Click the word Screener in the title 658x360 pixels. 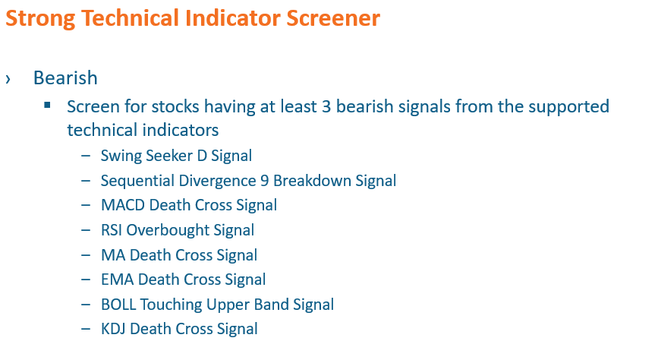point(332,18)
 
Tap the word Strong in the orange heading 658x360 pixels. point(41,19)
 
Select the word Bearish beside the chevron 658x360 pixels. point(65,77)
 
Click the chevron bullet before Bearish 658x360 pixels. point(8,78)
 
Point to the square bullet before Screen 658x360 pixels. point(47,105)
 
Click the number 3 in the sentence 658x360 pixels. point(326,106)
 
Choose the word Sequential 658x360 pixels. point(137,181)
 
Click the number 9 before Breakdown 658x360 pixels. point(264,181)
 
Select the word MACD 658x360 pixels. point(124,205)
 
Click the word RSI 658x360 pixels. point(112,230)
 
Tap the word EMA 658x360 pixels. point(118,279)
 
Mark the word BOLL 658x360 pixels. point(118,305)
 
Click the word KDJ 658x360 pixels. point(113,329)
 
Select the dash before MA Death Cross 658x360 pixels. point(86,255)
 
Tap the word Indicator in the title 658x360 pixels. point(233,18)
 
